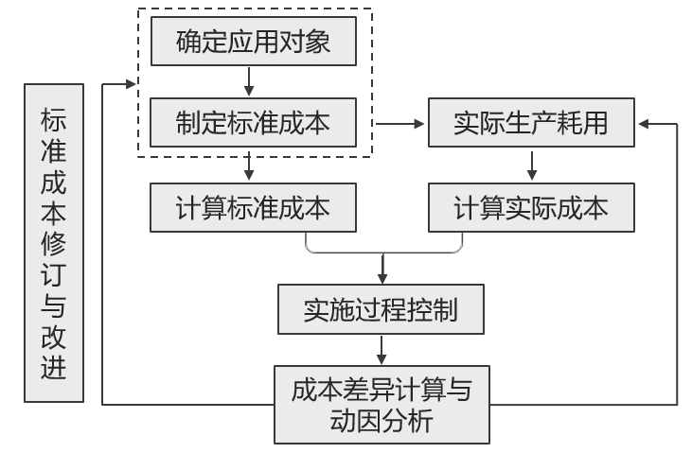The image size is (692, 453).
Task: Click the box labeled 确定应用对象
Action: click(x=253, y=43)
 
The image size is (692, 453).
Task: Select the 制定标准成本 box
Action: click(x=253, y=123)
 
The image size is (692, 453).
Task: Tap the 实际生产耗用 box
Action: click(x=530, y=123)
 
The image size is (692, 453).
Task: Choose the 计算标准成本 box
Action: click(x=253, y=207)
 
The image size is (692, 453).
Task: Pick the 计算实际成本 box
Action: click(x=530, y=207)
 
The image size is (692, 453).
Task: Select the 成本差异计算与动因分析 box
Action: click(x=381, y=404)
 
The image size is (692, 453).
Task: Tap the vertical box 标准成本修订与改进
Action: click(x=54, y=241)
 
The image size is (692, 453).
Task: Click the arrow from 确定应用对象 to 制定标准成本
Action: click(x=249, y=82)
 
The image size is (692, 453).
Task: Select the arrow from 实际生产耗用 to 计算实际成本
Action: click(x=532, y=166)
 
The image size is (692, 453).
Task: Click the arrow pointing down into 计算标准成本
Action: click(x=249, y=168)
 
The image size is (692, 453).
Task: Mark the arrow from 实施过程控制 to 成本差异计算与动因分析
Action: click(x=381, y=350)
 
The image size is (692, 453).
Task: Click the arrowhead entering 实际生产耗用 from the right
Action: click(x=644, y=123)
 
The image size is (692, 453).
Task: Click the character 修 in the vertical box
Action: click(x=54, y=241)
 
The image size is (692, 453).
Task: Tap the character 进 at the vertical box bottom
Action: click(x=54, y=366)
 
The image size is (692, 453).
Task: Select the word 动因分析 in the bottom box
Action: click(x=381, y=420)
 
